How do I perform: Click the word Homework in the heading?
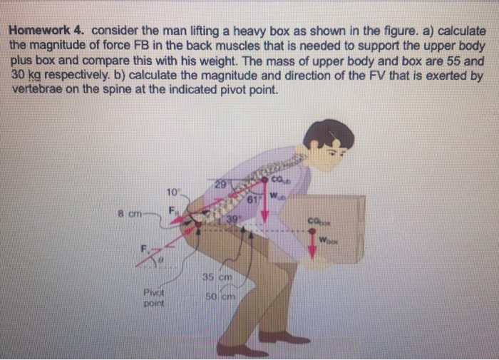coord(37,32)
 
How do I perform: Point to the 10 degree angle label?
coord(172,191)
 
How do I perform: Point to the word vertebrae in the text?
coord(38,91)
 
